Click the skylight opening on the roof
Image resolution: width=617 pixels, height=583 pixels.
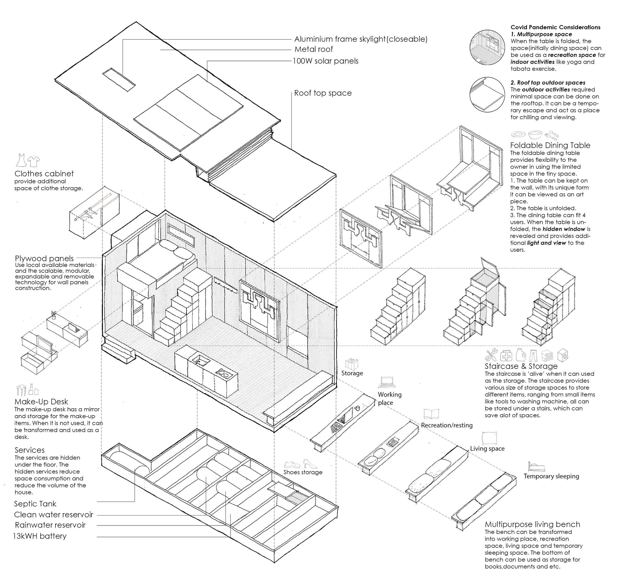(119, 80)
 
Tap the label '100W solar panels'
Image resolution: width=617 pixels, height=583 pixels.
(326, 61)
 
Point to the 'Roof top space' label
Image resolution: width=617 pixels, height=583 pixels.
(323, 93)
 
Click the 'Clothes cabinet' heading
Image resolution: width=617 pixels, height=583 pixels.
(44, 174)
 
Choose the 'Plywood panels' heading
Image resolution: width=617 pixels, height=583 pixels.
(44, 259)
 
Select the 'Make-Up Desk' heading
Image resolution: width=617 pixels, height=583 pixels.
(41, 402)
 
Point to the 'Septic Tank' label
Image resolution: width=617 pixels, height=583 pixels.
(35, 504)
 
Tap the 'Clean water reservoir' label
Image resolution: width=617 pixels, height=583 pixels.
(53, 515)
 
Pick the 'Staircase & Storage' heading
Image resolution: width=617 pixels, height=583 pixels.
(521, 367)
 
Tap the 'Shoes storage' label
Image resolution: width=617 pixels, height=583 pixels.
(303, 472)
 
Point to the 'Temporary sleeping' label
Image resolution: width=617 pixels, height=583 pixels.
(551, 476)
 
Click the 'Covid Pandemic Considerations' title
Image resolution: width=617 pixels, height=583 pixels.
(555, 27)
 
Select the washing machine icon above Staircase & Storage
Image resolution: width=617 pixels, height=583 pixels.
(563, 355)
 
